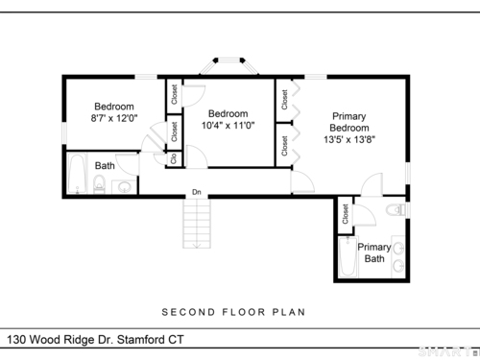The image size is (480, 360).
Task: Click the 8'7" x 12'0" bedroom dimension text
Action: (x=114, y=118)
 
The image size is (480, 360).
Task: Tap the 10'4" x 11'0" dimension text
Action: (x=228, y=126)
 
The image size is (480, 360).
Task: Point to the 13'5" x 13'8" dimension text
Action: (x=349, y=140)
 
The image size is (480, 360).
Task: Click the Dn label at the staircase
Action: (x=197, y=192)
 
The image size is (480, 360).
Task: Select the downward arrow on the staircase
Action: (x=197, y=244)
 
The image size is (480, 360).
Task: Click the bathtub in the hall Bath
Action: (x=78, y=174)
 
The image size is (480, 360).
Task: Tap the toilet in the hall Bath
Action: (x=99, y=184)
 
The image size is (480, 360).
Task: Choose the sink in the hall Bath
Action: (x=125, y=187)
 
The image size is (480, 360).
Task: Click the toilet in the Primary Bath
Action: (x=396, y=210)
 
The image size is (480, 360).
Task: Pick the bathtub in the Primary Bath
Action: (x=348, y=256)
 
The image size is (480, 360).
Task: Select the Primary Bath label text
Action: (x=374, y=252)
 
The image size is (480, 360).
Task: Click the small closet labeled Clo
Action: (x=174, y=158)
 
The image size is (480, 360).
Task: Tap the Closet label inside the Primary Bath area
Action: (x=345, y=214)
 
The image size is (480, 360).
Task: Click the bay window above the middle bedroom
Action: (x=228, y=65)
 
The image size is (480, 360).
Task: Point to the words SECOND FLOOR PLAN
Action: (x=233, y=312)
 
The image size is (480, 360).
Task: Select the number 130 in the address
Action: (x=16, y=340)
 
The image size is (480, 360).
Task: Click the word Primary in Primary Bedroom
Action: (x=348, y=116)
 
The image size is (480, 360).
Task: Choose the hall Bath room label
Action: (x=105, y=166)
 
